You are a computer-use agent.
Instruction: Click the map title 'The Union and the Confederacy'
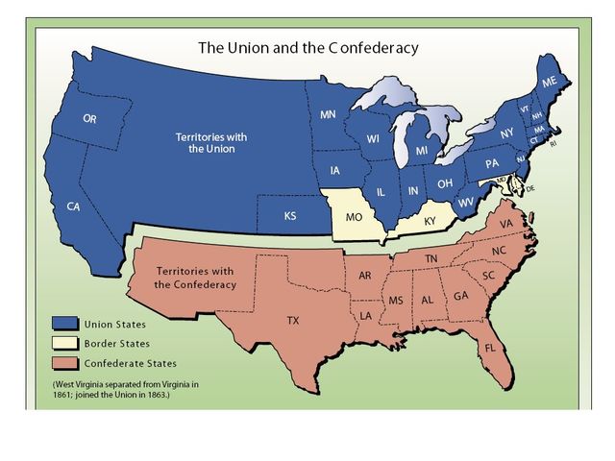click(x=307, y=46)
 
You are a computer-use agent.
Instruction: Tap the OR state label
click(x=89, y=119)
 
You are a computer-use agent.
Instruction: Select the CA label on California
click(x=73, y=206)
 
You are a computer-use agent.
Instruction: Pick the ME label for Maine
click(x=549, y=84)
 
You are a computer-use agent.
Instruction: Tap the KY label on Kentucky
click(x=430, y=221)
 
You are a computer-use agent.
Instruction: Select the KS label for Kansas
click(x=290, y=216)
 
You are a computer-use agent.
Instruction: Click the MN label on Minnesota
click(x=328, y=116)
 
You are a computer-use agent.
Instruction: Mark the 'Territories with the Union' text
click(x=210, y=143)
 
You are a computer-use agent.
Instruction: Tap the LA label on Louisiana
click(x=366, y=315)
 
